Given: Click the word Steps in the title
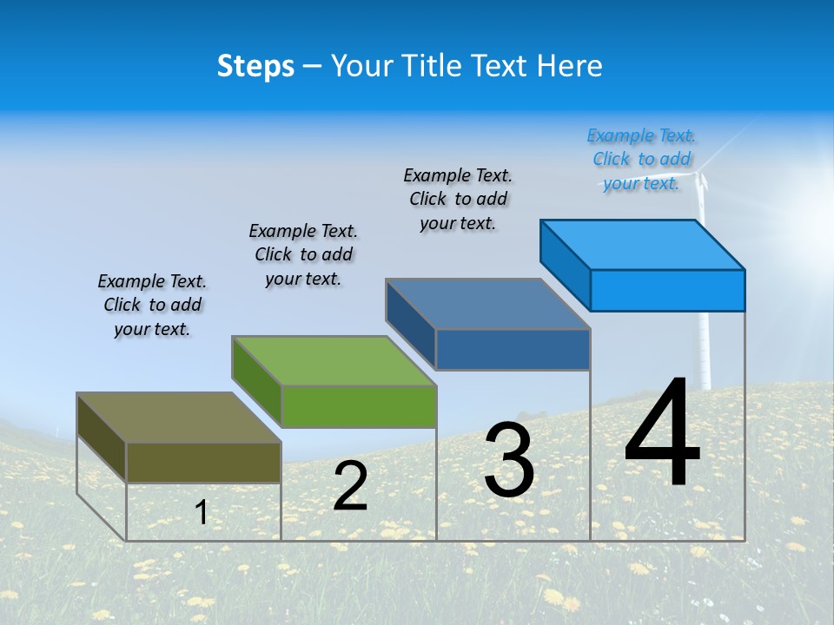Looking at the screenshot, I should tap(255, 66).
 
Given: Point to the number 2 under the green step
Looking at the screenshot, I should tap(350, 486).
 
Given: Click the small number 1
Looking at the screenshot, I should tap(202, 512).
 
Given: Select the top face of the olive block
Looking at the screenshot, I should tap(178, 418).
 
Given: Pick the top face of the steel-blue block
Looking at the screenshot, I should tap(487, 304).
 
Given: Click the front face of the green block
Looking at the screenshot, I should tap(359, 406).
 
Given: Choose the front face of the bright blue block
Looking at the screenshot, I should tap(667, 290).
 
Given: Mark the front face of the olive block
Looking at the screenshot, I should tap(203, 462).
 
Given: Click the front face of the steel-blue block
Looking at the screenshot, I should tap(513, 349).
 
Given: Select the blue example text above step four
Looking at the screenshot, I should tap(642, 160).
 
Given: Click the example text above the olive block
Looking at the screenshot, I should tap(152, 306).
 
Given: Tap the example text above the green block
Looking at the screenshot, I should tap(303, 254).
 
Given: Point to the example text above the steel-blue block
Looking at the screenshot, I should tap(458, 199).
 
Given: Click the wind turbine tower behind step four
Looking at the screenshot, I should tap(705, 347).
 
